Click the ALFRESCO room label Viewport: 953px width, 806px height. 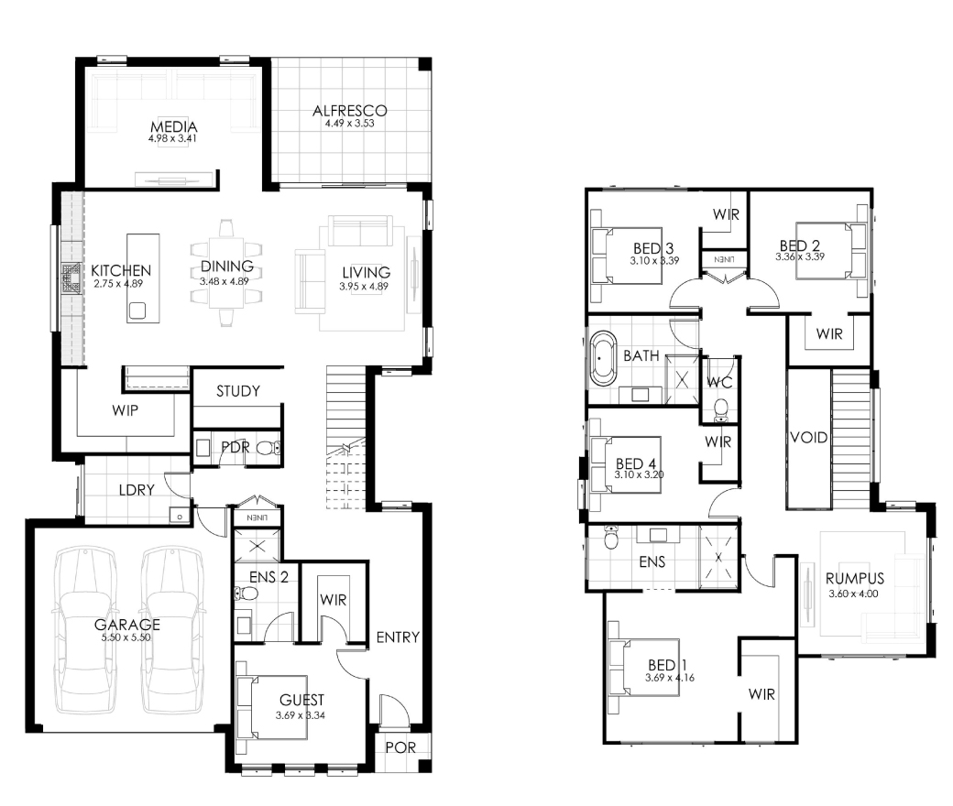(349, 111)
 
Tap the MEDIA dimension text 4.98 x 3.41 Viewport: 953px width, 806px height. (173, 138)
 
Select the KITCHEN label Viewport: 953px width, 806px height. (121, 270)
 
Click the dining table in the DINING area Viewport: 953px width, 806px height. (226, 273)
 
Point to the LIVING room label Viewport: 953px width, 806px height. (366, 273)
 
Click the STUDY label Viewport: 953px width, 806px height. (238, 391)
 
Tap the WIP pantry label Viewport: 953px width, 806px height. (125, 410)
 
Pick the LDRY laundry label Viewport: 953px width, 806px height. (137, 489)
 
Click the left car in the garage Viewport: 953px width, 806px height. (84, 630)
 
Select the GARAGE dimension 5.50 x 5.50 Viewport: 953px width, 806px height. (126, 637)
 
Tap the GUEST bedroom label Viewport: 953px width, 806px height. (301, 701)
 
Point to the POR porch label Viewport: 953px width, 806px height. (400, 747)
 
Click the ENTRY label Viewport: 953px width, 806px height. (398, 637)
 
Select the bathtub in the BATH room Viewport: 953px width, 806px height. (602, 359)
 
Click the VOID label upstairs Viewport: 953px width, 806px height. (808, 437)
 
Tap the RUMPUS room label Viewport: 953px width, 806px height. (855, 578)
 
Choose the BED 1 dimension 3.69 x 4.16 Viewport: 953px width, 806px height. (669, 678)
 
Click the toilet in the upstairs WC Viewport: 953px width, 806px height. (721, 410)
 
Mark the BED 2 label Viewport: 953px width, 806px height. (800, 246)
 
